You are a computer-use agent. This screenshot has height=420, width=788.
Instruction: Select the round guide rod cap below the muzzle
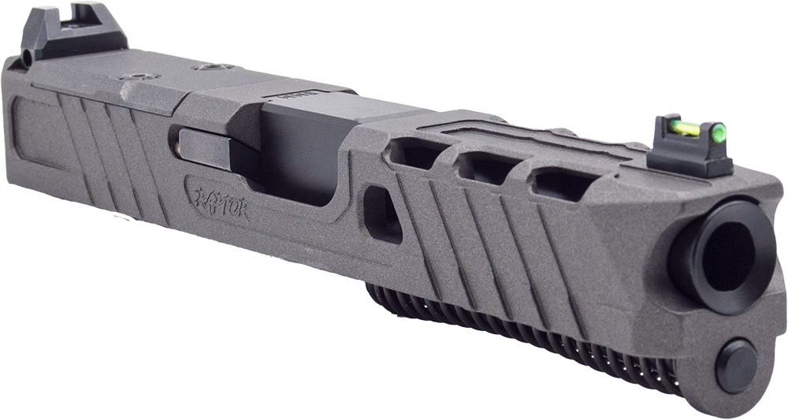[736, 364]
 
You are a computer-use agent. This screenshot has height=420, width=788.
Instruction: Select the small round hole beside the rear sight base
[28, 58]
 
